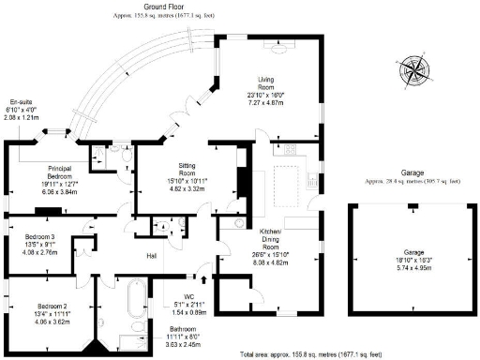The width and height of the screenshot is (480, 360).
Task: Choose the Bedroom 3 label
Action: pos(40,237)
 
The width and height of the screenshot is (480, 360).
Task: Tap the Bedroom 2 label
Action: pos(52,306)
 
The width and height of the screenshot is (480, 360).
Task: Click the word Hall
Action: pos(150,255)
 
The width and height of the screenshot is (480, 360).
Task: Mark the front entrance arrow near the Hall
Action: pos(204,278)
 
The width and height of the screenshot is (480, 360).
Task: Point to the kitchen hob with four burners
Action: pos(287,148)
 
